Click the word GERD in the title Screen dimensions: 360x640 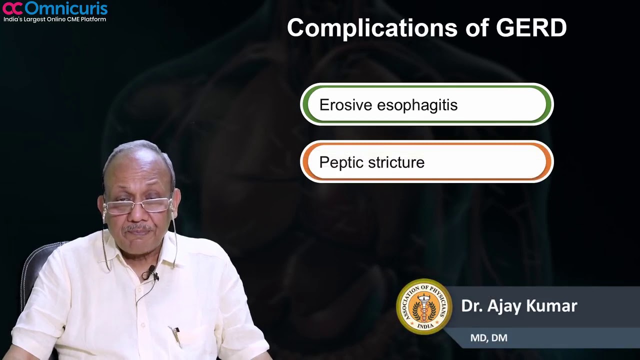point(531,28)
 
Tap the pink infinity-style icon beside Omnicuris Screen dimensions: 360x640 point(12,8)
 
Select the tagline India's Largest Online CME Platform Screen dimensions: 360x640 point(54,19)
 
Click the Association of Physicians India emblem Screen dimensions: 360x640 point(424,306)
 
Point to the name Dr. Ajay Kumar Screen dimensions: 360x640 point(519,306)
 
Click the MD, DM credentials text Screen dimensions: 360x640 point(488,338)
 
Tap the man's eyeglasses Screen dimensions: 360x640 point(138,205)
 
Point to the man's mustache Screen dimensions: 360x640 point(138,228)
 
